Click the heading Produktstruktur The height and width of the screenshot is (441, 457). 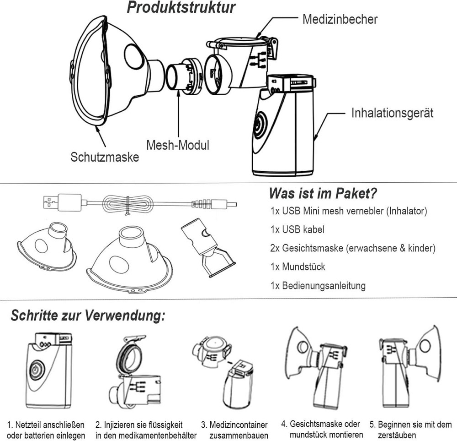(x=181, y=8)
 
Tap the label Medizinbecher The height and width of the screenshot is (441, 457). (x=340, y=19)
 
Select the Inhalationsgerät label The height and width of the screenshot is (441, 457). (x=392, y=113)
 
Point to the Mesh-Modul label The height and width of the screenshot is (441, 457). (x=177, y=146)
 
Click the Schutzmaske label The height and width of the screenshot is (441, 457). (x=105, y=157)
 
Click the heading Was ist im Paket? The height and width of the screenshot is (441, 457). (x=323, y=193)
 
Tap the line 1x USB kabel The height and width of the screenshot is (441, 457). (x=297, y=229)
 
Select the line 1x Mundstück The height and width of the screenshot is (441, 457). (x=298, y=267)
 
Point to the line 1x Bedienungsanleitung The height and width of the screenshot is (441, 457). (x=318, y=286)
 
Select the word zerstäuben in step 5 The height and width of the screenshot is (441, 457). (x=397, y=435)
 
